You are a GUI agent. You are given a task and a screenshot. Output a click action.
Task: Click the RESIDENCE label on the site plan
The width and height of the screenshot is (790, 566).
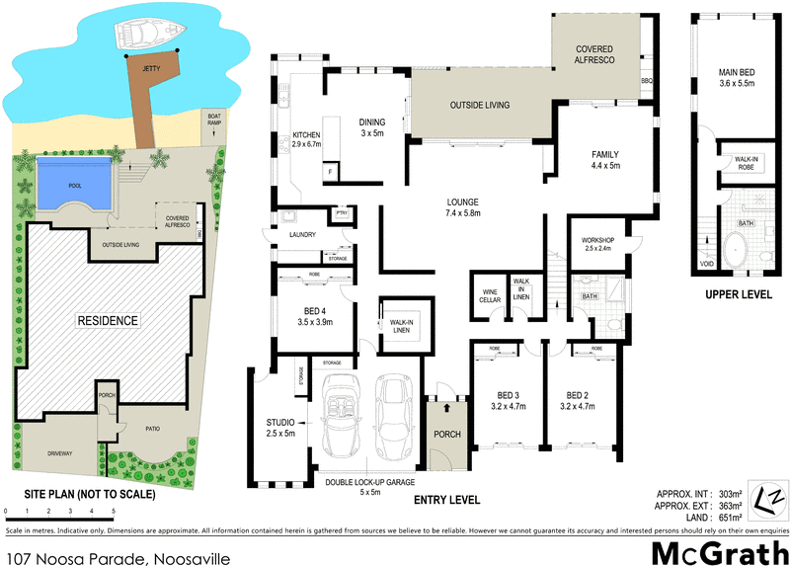pyautogui.click(x=109, y=320)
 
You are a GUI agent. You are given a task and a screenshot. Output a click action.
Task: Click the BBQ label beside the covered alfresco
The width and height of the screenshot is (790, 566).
pyautogui.click(x=647, y=81)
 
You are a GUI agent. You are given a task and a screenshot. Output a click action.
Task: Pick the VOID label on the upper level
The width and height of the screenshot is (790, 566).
pyautogui.click(x=706, y=264)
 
